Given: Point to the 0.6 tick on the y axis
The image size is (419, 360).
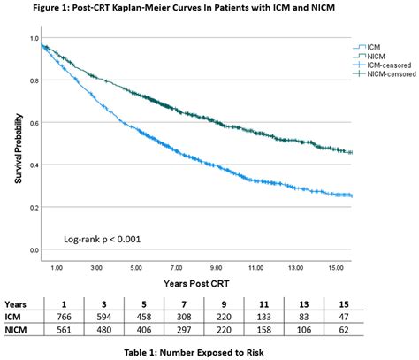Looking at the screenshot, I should pyautogui.click(x=34, y=123).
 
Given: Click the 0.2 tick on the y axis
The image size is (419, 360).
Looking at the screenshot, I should pyautogui.click(x=34, y=207).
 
